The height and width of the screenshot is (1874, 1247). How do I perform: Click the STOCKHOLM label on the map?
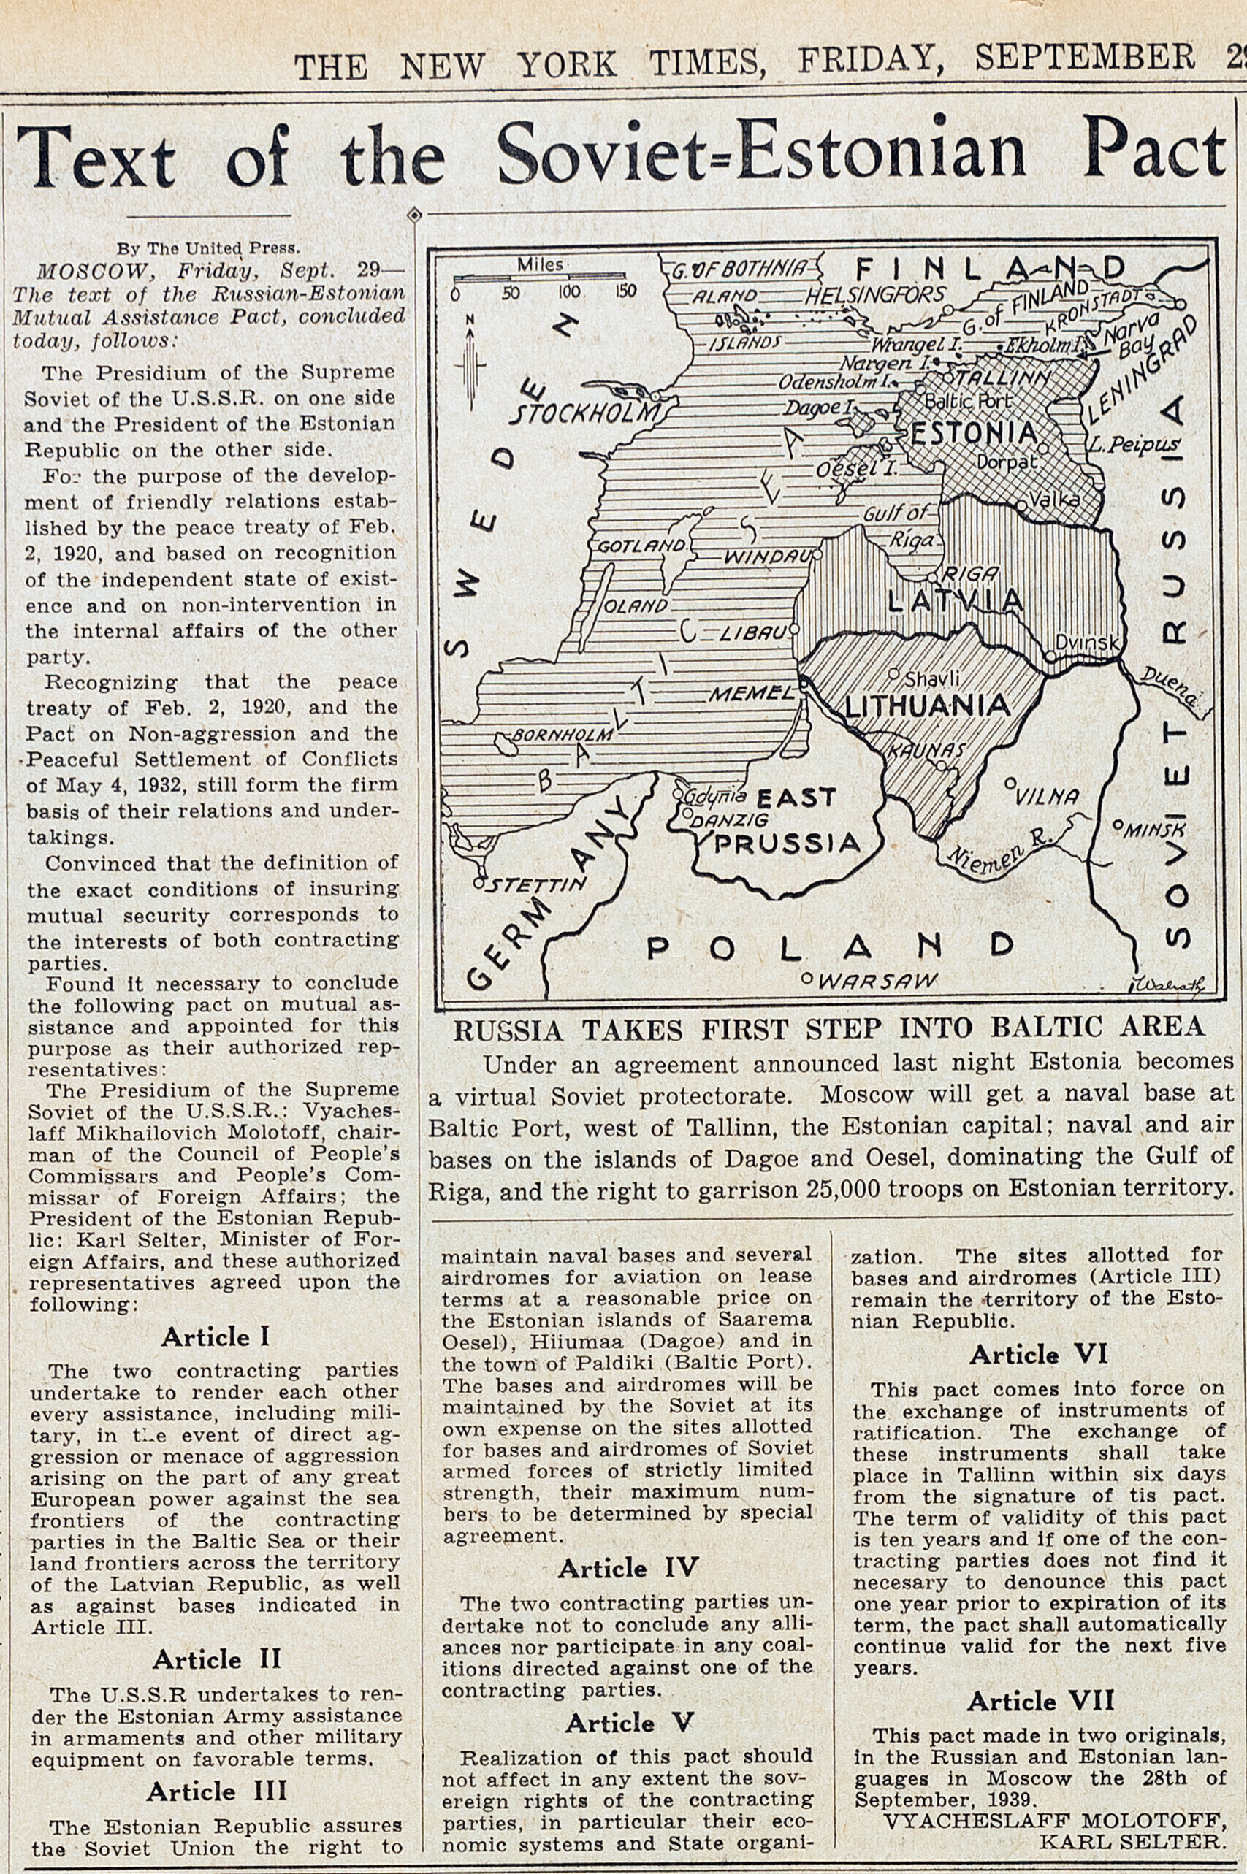pos(584,413)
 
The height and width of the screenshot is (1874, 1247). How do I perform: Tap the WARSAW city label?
pos(878,980)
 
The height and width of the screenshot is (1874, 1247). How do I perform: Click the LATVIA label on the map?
pos(954,600)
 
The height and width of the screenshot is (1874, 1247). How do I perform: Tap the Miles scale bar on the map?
pos(541,280)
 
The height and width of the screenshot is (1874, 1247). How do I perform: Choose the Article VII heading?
pos(1040,1701)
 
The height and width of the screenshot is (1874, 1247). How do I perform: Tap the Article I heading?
pos(215,1336)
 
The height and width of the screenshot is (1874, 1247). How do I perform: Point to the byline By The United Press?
pos(208,248)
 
